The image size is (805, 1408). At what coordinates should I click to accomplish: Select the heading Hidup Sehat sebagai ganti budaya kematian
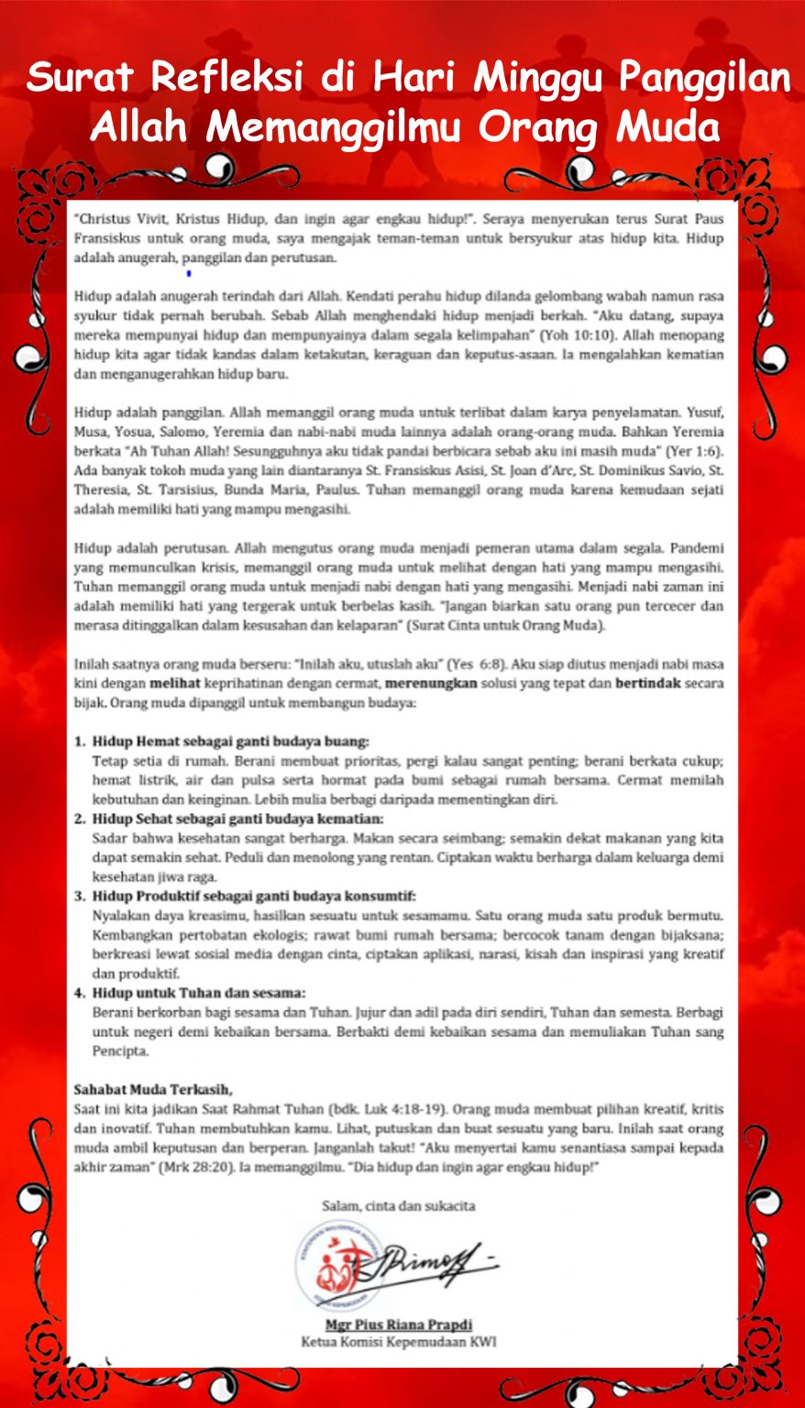pyautogui.click(x=237, y=819)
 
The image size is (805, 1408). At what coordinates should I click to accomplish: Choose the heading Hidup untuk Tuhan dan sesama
pyautogui.click(x=199, y=993)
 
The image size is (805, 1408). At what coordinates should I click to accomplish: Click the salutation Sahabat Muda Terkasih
pyautogui.click(x=153, y=1090)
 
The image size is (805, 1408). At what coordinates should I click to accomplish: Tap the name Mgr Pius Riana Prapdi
pyautogui.click(x=399, y=1325)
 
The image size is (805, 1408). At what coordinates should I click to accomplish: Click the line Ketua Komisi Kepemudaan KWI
pyautogui.click(x=399, y=1342)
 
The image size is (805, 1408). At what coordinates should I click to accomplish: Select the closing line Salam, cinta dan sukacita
pyautogui.click(x=399, y=1205)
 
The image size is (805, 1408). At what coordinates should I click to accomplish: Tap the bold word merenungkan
pyautogui.click(x=431, y=683)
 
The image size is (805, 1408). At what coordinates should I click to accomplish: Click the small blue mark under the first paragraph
pyautogui.click(x=188, y=273)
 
